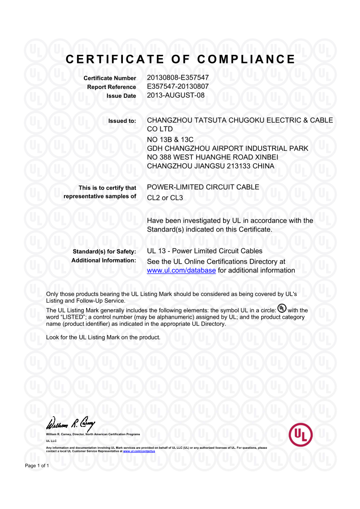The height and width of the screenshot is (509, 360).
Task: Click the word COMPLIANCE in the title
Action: (246, 59)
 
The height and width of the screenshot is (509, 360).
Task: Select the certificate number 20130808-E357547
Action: (178, 78)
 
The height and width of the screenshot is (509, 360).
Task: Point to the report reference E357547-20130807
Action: (178, 86)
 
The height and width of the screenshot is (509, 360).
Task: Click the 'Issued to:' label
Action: (122, 121)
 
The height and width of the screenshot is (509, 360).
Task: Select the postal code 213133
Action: (242, 166)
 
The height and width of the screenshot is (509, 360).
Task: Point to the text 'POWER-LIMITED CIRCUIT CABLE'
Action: (203, 187)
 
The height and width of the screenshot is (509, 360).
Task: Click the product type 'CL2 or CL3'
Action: (165, 198)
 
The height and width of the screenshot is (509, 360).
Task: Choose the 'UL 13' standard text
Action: (157, 251)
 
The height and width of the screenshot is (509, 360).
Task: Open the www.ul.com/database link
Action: (181, 271)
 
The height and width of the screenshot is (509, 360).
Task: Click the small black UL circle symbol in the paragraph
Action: (282, 309)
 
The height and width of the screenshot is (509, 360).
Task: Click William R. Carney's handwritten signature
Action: (71, 425)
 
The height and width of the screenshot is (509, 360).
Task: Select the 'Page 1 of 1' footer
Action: (37, 465)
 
